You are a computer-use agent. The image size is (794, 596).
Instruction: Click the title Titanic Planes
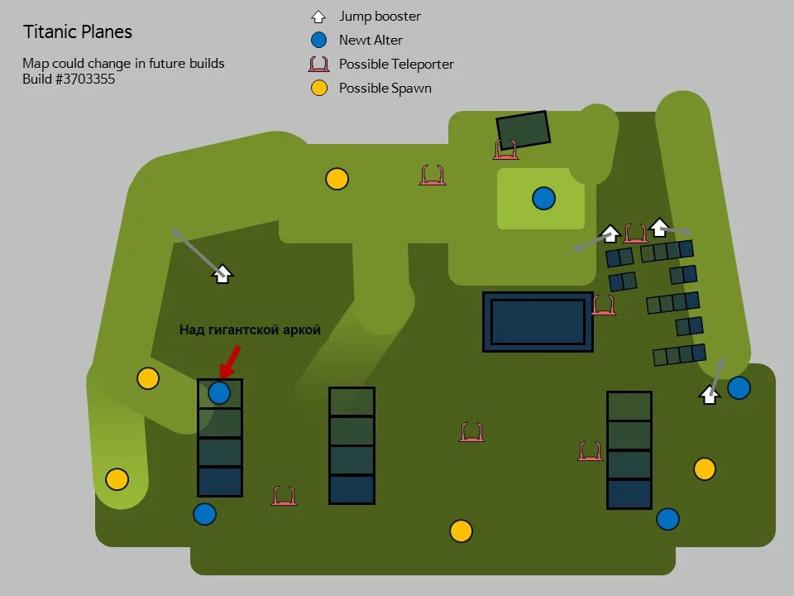click(77, 32)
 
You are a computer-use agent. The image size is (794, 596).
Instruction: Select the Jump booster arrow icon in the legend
click(319, 16)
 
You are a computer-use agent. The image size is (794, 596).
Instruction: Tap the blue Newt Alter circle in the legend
click(319, 40)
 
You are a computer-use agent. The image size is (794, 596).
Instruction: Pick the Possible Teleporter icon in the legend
click(319, 64)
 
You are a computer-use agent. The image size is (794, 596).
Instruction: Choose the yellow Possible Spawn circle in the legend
click(319, 88)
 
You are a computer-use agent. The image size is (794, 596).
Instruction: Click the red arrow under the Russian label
click(230, 361)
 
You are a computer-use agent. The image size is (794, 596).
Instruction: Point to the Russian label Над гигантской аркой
click(250, 330)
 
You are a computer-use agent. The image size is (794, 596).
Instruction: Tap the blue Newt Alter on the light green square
click(543, 199)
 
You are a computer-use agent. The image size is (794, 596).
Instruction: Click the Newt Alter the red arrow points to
click(219, 392)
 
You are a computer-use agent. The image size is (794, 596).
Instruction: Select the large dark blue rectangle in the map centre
click(538, 321)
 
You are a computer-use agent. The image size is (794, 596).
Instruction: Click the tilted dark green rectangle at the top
click(523, 130)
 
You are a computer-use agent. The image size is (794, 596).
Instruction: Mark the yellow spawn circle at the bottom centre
click(461, 531)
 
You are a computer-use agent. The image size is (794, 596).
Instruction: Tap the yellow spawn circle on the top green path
click(337, 179)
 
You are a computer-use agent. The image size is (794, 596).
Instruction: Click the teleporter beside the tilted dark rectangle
click(506, 150)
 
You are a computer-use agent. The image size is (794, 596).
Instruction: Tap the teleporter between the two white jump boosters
click(635, 233)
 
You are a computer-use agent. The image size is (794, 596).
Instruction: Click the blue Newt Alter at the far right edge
click(739, 387)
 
